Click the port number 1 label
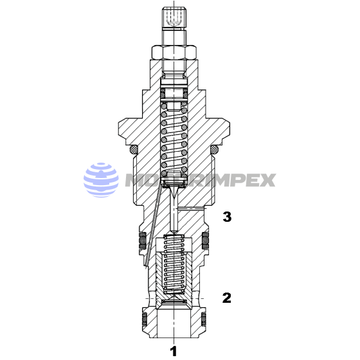pos(172,350)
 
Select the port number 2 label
pos(226,298)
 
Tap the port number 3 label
pos(226,217)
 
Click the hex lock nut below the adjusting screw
pos(174,51)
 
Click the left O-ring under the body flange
pos(134,149)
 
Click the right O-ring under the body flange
pos(215,149)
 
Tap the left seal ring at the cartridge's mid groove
pos(141,242)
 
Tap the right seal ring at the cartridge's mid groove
pos(207,242)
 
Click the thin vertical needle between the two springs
pos(174,209)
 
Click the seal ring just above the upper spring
pos(174,94)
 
